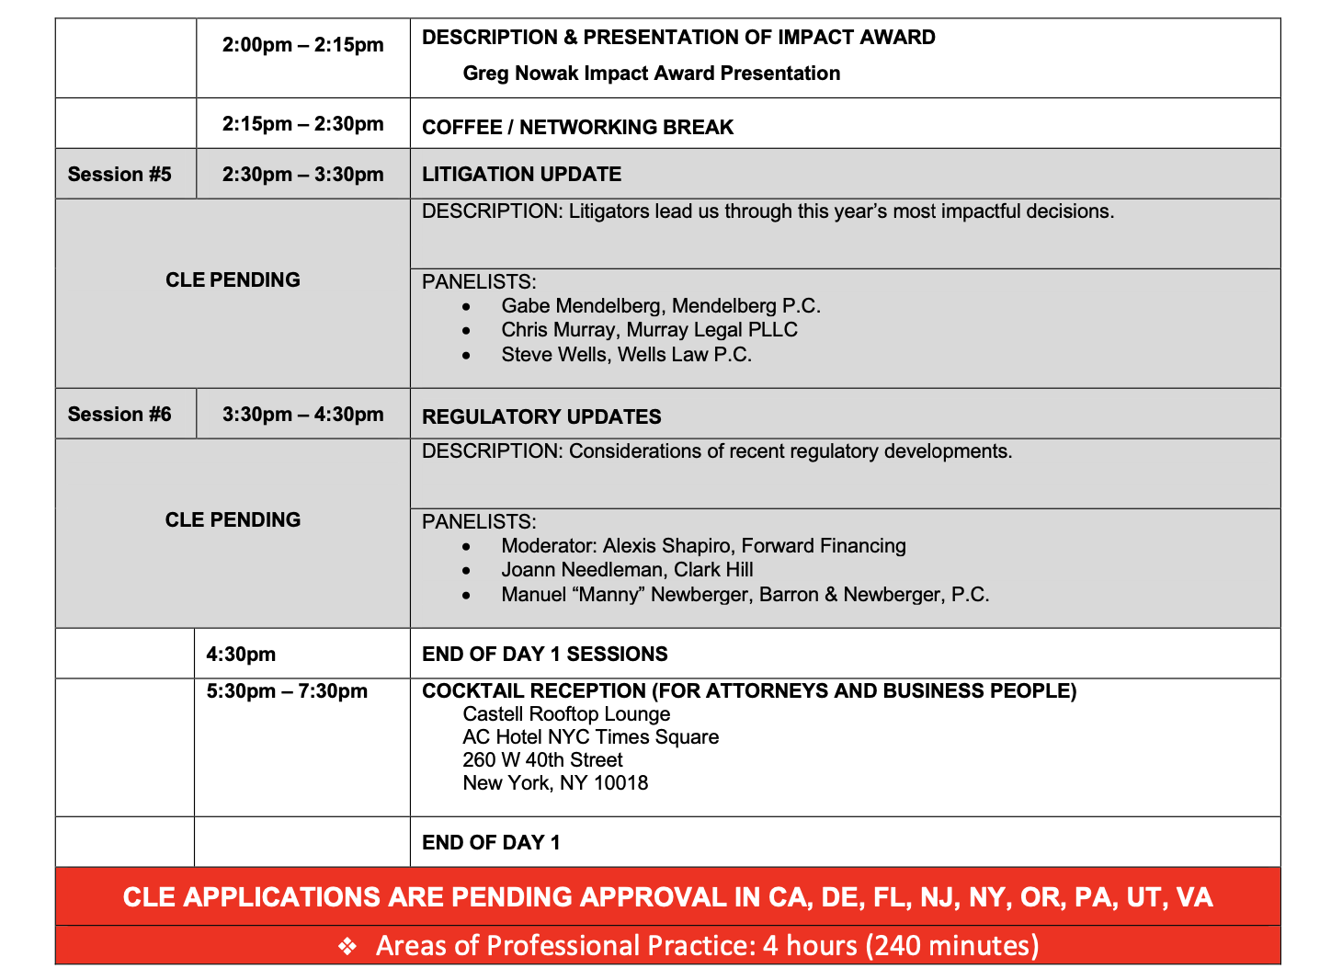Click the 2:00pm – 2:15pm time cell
pyautogui.click(x=302, y=45)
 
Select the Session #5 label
pyautogui.click(x=119, y=175)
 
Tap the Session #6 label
pyautogui.click(x=119, y=415)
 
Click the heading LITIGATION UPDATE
pyautogui.click(x=521, y=175)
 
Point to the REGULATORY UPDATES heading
pyautogui.click(x=541, y=417)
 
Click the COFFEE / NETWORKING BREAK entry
pyautogui.click(x=577, y=128)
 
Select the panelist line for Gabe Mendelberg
pyautogui.click(x=660, y=306)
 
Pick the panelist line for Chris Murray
pyautogui.click(x=649, y=330)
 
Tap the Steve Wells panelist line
pyautogui.click(x=626, y=355)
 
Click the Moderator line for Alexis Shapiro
pyautogui.click(x=703, y=546)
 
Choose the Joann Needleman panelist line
pyautogui.click(x=627, y=570)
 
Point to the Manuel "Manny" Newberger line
pyautogui.click(x=745, y=595)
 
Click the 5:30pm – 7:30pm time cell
pyautogui.click(x=287, y=691)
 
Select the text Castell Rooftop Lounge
pyautogui.click(x=566, y=714)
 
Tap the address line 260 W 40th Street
pyautogui.click(x=542, y=760)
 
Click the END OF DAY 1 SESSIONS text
pyautogui.click(x=544, y=655)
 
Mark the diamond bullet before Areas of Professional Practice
pyautogui.click(x=347, y=946)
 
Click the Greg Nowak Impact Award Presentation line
pyautogui.click(x=651, y=74)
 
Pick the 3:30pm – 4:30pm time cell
pyautogui.click(x=302, y=415)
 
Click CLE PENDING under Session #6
pyautogui.click(x=233, y=520)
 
